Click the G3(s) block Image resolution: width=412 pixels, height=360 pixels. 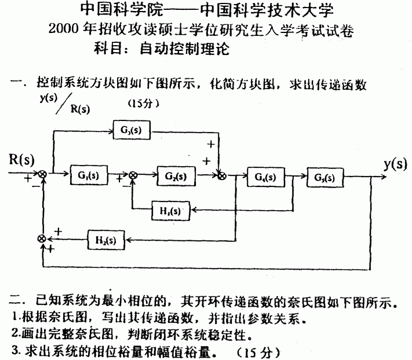point(133,131)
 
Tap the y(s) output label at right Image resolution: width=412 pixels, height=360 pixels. point(395,164)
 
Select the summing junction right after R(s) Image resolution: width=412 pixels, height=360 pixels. point(42,174)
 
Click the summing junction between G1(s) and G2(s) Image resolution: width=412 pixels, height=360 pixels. point(133,175)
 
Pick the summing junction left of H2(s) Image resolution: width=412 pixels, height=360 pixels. point(42,238)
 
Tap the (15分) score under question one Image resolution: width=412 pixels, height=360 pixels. point(142,104)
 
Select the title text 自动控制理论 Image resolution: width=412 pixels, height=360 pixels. point(185,49)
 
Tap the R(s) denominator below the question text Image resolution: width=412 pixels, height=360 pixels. point(79,108)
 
